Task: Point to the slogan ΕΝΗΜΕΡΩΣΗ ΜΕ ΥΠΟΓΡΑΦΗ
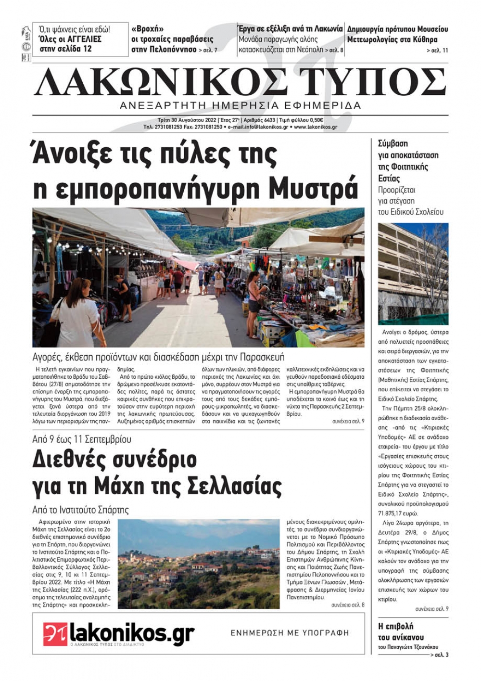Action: (x=290, y=633)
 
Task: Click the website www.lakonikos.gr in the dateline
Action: (x=316, y=127)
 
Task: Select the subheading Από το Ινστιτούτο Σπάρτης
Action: (x=80, y=510)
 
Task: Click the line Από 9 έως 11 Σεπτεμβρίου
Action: (x=82, y=439)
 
